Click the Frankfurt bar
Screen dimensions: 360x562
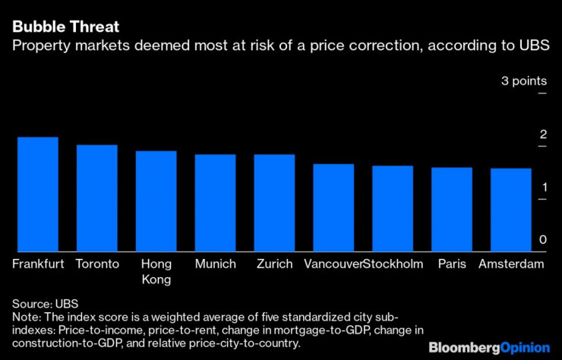click(38, 194)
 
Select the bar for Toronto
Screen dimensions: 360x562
click(97, 198)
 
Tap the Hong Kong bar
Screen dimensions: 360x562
click(156, 201)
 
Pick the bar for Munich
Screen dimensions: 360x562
click(216, 203)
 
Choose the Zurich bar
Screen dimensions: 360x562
click(274, 203)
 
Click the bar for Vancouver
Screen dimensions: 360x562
click(333, 207)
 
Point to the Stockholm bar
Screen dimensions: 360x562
click(393, 208)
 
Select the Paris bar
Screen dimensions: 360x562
click(452, 210)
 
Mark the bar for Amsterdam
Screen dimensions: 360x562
click(511, 210)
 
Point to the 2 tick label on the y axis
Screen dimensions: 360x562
click(543, 134)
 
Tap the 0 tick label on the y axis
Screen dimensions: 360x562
click(543, 240)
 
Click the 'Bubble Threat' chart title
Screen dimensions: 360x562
click(65, 27)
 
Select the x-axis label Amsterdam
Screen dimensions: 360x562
click(511, 264)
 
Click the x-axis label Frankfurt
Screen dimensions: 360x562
click(38, 264)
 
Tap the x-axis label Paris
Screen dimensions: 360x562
click(452, 264)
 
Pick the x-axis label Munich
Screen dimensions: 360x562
click(216, 264)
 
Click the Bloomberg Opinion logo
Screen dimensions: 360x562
click(489, 347)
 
